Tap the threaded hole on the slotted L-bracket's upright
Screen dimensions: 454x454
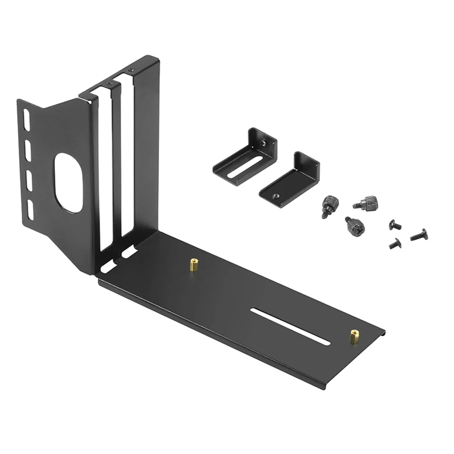click(264, 144)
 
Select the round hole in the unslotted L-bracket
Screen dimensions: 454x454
click(276, 195)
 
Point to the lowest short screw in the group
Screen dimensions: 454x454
click(392, 243)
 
